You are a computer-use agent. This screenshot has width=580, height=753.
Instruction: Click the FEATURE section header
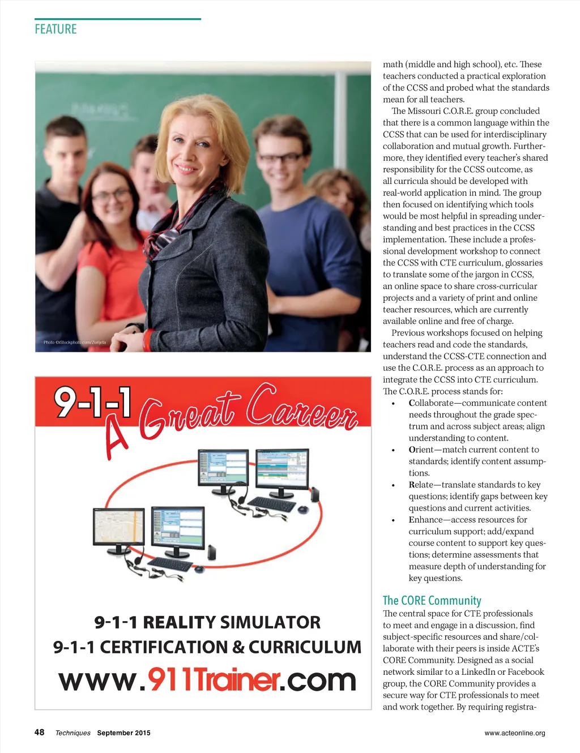pyautogui.click(x=56, y=29)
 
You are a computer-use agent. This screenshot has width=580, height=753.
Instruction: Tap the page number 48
pyautogui.click(x=39, y=732)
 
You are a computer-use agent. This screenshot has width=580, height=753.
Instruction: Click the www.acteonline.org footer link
pyautogui.click(x=514, y=733)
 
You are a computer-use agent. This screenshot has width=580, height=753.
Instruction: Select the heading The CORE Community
pyautogui.click(x=432, y=600)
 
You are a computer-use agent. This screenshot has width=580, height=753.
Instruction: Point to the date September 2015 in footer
pyautogui.click(x=123, y=733)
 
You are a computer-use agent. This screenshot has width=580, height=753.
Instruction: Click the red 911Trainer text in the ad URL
pyautogui.click(x=214, y=679)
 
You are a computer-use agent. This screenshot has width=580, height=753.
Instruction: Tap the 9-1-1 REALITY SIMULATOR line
pyautogui.click(x=207, y=622)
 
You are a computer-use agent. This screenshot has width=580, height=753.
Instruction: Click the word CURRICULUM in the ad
pyautogui.click(x=305, y=647)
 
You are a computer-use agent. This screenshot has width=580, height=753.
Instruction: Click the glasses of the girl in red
pyautogui.click(x=111, y=196)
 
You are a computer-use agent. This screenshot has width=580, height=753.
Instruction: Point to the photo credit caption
pyautogui.click(x=75, y=343)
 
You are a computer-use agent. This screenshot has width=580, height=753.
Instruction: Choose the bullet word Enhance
pyautogui.click(x=425, y=520)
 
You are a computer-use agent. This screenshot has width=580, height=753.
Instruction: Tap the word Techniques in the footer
pyautogui.click(x=72, y=733)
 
